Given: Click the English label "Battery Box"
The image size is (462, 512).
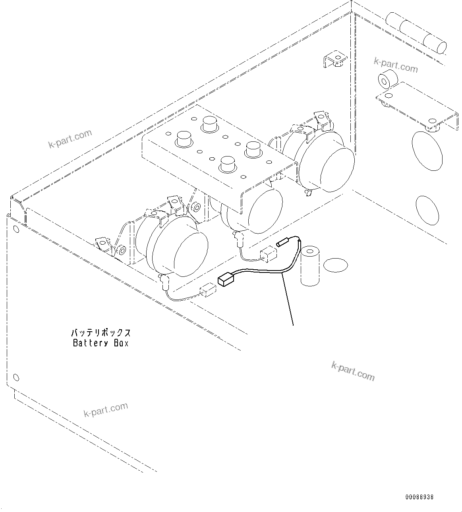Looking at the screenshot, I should (101, 343).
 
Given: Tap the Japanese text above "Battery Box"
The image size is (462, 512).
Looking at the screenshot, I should (101, 332).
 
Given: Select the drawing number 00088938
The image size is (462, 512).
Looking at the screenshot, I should (419, 497).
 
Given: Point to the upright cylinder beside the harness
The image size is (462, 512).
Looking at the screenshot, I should (312, 266).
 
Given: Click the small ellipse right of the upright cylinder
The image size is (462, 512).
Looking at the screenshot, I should (335, 265).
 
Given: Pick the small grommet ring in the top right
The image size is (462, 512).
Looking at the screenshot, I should (386, 80).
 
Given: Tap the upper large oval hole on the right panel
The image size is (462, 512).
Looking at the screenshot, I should (427, 151).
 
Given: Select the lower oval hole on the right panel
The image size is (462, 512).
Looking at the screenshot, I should (427, 211).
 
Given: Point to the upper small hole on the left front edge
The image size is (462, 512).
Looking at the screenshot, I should (15, 228).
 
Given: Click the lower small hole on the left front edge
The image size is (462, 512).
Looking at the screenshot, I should (16, 377).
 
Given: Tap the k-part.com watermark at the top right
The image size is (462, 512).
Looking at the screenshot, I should (396, 66).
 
